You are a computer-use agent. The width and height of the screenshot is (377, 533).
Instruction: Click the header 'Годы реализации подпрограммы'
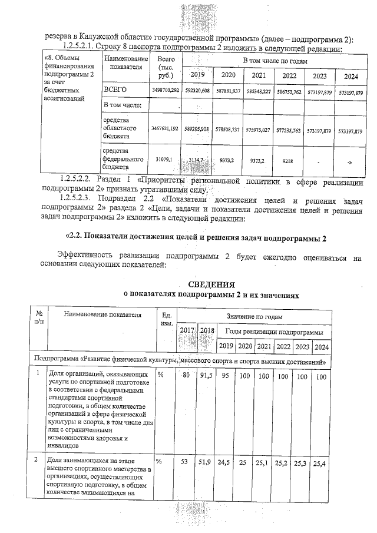click(274, 332)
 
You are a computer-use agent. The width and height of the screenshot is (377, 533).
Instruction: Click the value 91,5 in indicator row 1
click(206, 376)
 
